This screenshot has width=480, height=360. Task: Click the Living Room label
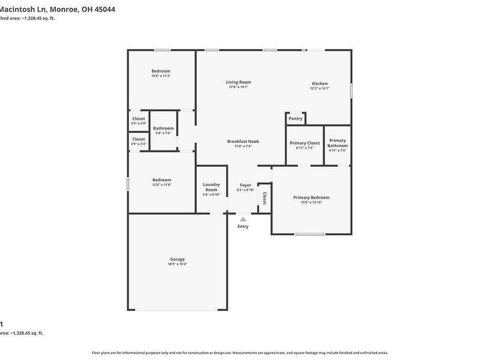pyautogui.click(x=238, y=82)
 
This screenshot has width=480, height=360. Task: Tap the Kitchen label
pyautogui.click(x=319, y=83)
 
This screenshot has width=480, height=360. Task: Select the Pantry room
pyautogui.click(x=295, y=119)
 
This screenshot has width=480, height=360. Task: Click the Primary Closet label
pyautogui.click(x=305, y=143)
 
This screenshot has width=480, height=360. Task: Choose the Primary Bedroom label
pyautogui.click(x=311, y=197)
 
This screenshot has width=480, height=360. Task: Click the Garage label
pyautogui.click(x=177, y=259)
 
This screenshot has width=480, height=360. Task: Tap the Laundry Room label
pyautogui.click(x=211, y=187)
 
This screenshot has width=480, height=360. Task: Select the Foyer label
pyautogui.click(x=245, y=185)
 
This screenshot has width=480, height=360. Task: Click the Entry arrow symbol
pyautogui.click(x=243, y=220)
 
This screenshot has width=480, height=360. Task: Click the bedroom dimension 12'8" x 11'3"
pyautogui.click(x=161, y=76)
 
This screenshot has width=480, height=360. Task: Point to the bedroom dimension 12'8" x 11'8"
pyautogui.click(x=161, y=184)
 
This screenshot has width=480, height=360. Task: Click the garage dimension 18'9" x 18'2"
pyautogui.click(x=177, y=264)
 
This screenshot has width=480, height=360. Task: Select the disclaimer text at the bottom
pyautogui.click(x=239, y=353)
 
